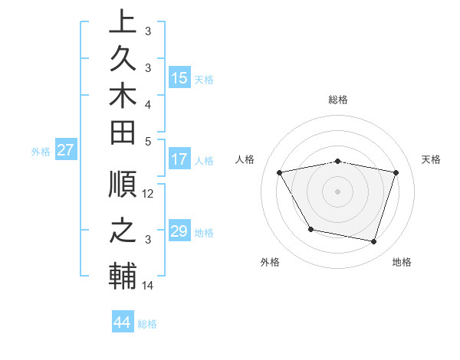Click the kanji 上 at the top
click(x=123, y=21)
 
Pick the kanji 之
click(x=123, y=231)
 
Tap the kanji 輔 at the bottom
click(x=123, y=277)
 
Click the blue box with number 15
click(x=179, y=78)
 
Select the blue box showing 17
click(x=179, y=160)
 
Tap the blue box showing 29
click(x=179, y=231)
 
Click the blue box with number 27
click(x=65, y=150)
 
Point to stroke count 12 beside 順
click(x=149, y=194)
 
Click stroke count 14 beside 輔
click(x=149, y=286)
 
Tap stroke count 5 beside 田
click(x=149, y=141)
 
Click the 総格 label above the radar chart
click(x=338, y=100)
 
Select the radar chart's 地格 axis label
click(x=402, y=262)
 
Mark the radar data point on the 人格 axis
click(x=280, y=172)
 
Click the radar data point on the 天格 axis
click(x=396, y=172)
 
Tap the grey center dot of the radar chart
click(x=338, y=191)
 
